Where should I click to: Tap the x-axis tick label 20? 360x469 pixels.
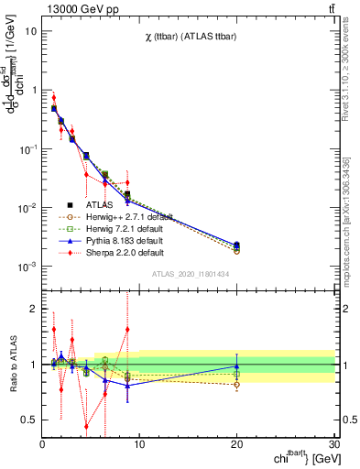point(237,444)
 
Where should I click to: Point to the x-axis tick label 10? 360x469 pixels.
point(139,444)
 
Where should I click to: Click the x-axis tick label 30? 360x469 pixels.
point(334,444)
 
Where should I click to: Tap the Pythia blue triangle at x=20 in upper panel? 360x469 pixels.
point(237,245)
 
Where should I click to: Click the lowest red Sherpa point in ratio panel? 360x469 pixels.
point(86,426)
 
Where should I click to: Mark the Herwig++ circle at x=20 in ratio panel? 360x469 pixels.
point(237,385)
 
